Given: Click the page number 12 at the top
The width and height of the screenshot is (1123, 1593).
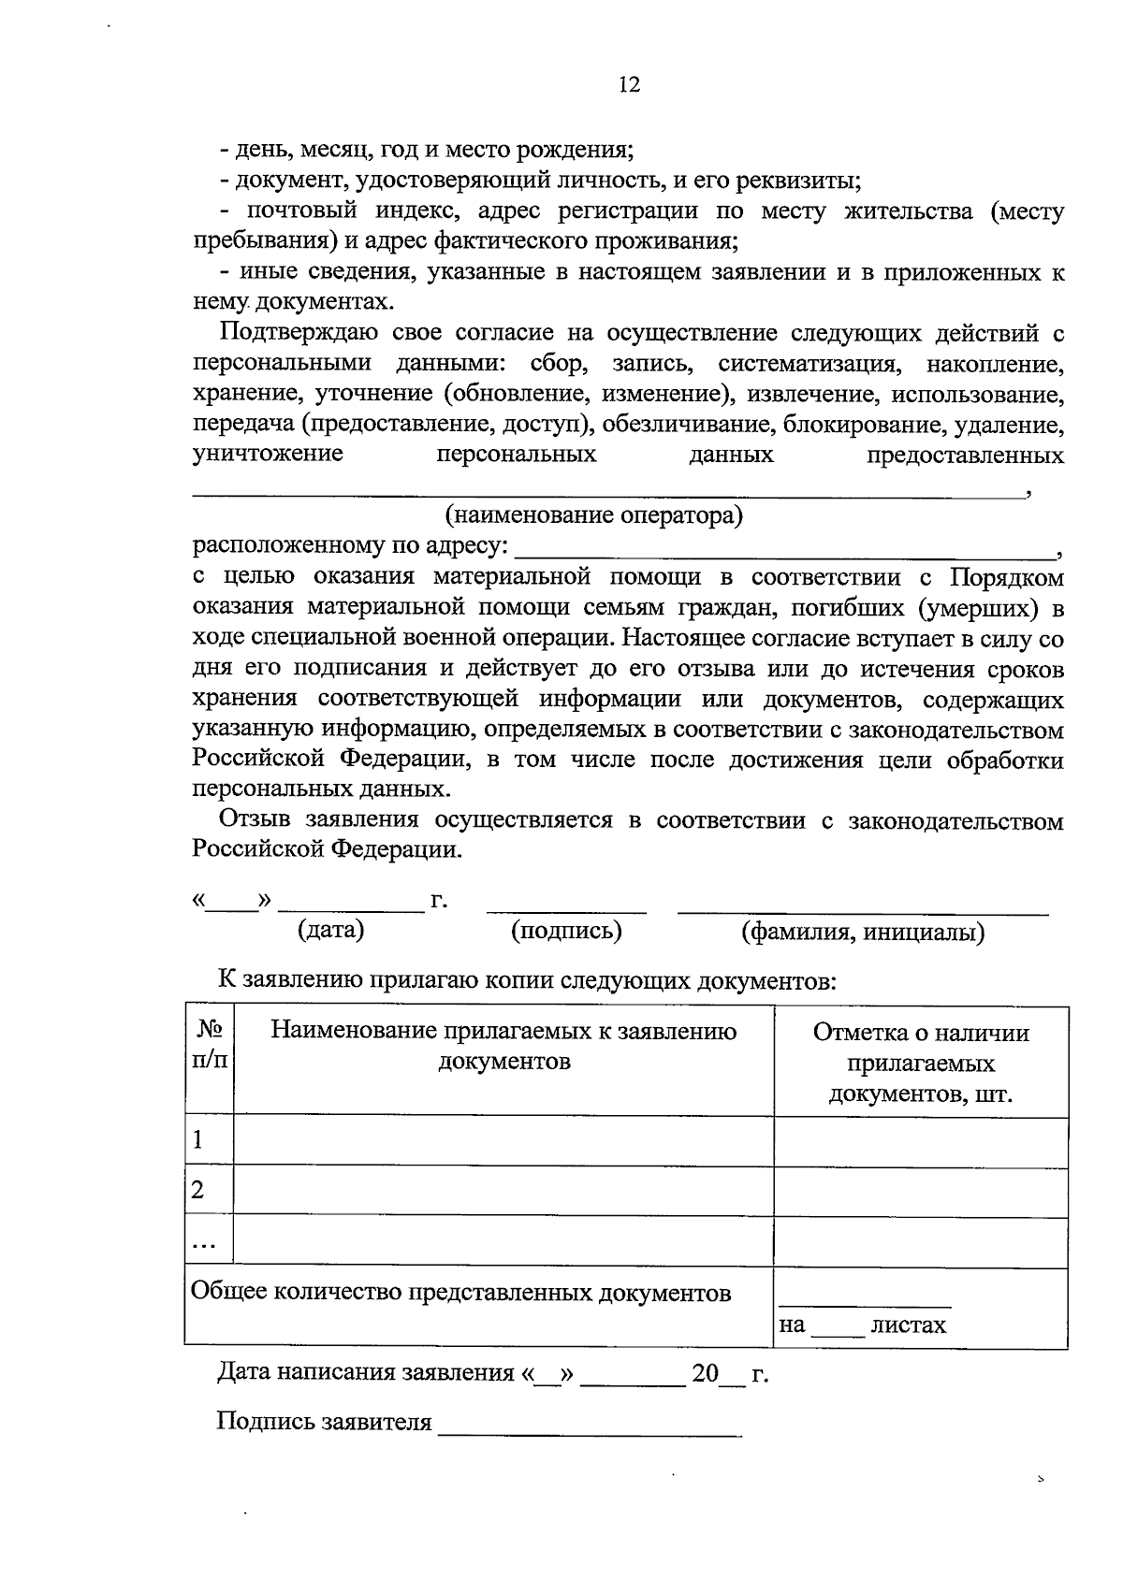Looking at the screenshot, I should point(629,85).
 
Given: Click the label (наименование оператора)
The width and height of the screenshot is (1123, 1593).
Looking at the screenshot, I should point(594,515).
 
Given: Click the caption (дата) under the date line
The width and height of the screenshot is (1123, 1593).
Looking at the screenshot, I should point(330,930).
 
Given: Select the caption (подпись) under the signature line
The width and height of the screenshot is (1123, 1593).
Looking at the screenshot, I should point(566,930).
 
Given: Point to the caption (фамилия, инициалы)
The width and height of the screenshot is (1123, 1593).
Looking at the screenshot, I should point(862,932).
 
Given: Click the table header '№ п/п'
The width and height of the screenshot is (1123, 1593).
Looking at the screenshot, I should point(210,1045).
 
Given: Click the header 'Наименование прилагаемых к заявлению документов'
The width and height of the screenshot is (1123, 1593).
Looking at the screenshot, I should point(503,1046).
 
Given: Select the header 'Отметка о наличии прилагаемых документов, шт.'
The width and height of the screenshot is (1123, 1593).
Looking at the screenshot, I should point(921,1063).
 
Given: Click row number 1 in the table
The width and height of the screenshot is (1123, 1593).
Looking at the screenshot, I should point(197,1140).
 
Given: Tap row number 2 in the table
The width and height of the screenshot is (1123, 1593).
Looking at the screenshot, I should point(197,1191).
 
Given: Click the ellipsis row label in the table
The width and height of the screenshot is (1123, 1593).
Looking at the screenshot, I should point(204,1242).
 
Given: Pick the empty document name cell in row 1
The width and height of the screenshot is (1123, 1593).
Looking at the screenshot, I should point(503,1141).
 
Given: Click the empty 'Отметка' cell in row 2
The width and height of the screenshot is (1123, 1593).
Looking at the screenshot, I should point(921,1192).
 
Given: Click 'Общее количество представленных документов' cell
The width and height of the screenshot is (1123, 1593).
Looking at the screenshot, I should point(460,1294).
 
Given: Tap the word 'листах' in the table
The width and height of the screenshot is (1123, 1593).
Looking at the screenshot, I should point(908,1325).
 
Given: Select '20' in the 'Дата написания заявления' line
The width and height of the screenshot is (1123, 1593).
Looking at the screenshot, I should point(705,1373).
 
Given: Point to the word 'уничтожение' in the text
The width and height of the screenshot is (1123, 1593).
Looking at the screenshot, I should point(268,456).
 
